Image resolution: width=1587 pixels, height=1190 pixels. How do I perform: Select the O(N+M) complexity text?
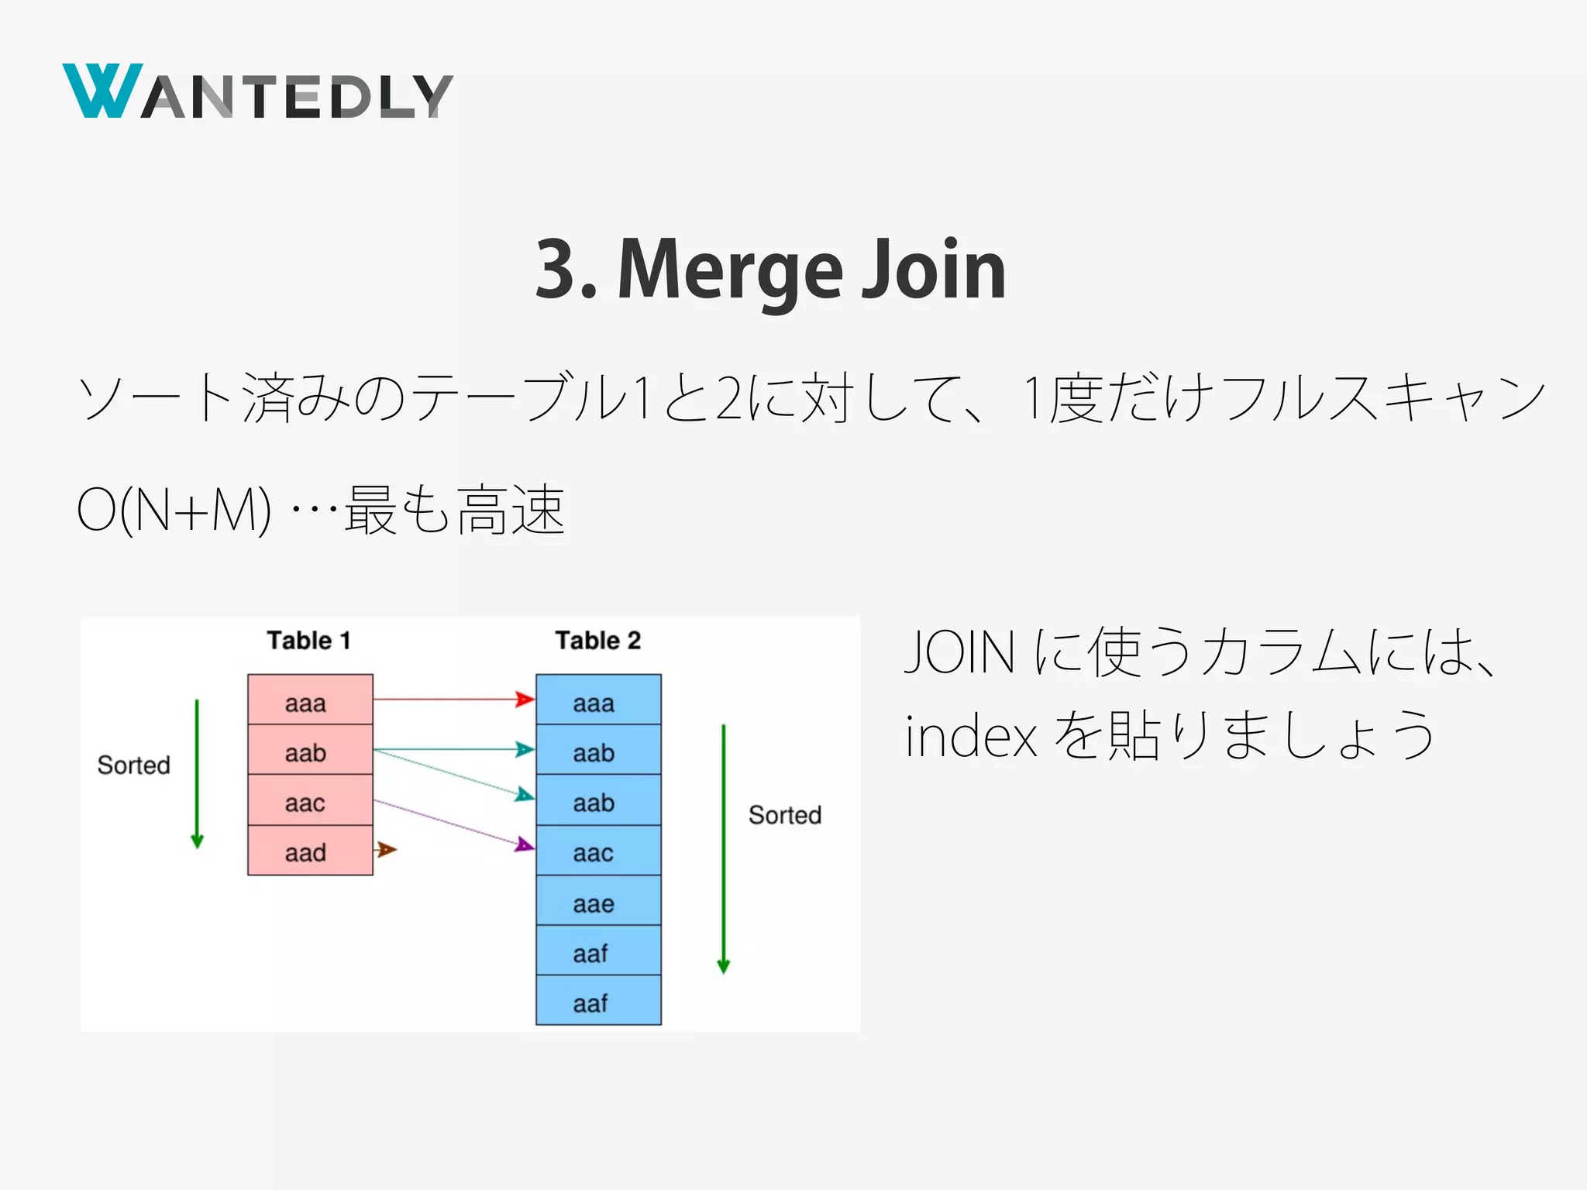pos(174,510)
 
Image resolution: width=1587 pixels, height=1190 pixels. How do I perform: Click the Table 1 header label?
pos(308,641)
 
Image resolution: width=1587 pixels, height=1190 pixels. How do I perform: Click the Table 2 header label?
pos(597,641)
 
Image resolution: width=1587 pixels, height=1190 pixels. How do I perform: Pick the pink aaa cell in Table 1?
pos(310,700)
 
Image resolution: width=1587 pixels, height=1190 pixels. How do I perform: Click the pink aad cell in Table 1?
pos(310,851)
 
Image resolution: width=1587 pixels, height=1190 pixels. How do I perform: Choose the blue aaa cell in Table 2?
pos(598,700)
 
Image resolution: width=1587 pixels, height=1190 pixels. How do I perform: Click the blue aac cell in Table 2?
pos(598,851)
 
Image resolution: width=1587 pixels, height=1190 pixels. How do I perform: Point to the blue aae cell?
pos(598,901)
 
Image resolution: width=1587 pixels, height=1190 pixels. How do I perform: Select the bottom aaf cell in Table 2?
pos(598,1001)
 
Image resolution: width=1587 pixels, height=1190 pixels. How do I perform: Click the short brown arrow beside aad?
pos(385,850)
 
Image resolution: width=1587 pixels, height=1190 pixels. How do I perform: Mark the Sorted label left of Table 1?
pos(133,765)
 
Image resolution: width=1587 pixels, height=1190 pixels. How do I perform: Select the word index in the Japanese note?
pos(970,736)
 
